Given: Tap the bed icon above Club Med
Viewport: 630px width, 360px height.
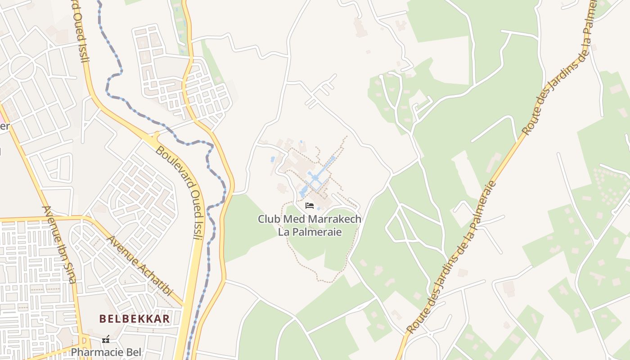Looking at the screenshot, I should (x=310, y=206).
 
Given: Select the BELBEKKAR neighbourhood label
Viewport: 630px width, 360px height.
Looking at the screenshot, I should (x=135, y=319).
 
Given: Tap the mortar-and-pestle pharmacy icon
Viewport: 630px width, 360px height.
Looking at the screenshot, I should (x=106, y=339).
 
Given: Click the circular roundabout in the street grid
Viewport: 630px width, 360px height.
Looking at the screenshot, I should (x=22, y=67).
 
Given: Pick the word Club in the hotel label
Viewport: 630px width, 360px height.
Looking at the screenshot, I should (x=268, y=219).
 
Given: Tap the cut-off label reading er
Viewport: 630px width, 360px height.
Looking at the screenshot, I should (x=4, y=126).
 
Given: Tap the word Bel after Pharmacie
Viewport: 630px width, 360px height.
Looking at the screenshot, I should (x=134, y=352).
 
